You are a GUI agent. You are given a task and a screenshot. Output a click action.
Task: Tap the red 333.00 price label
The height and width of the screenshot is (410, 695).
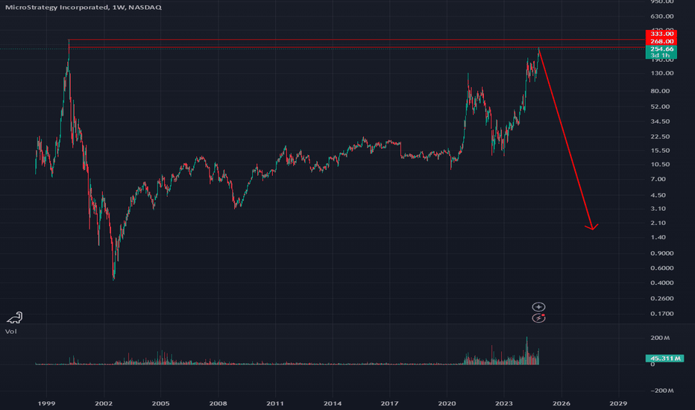661,34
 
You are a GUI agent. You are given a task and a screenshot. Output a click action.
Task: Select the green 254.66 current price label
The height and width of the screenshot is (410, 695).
661,49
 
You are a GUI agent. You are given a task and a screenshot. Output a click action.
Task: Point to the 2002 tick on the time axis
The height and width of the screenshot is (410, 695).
104,403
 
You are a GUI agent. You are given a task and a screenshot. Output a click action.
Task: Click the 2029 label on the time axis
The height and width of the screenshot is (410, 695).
618,403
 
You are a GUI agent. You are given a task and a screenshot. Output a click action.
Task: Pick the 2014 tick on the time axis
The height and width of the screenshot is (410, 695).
333,403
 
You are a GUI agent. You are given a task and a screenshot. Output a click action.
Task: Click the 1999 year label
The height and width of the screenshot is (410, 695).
46,403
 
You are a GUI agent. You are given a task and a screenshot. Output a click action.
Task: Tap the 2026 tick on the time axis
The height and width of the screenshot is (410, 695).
561,403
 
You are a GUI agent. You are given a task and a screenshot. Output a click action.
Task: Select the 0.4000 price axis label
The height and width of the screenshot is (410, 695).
661,283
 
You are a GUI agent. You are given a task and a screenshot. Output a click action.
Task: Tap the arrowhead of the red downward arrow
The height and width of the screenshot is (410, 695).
593,227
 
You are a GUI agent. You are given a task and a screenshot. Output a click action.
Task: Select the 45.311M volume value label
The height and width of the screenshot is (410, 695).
661,359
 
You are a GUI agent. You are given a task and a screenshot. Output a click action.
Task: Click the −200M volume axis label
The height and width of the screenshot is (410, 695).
661,391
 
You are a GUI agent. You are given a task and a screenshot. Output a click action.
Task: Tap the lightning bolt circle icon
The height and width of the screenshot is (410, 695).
538,318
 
